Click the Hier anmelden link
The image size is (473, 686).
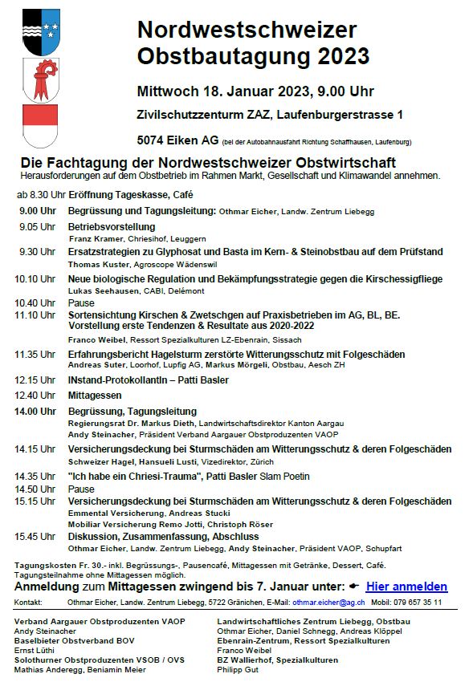tap(406, 587)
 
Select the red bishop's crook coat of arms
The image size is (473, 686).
tap(41, 80)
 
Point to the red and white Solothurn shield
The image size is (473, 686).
tap(41, 126)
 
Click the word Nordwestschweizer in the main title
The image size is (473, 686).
tap(247, 30)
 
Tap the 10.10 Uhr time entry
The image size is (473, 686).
tap(35, 278)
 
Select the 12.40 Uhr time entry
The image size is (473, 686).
tap(35, 395)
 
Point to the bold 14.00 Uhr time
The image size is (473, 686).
tap(35, 412)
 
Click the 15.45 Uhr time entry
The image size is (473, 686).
tap(35, 536)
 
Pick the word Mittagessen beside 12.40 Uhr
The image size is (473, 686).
tap(95, 395)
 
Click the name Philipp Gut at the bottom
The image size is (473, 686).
tap(239, 669)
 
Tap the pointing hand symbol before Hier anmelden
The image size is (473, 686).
tap(353, 587)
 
